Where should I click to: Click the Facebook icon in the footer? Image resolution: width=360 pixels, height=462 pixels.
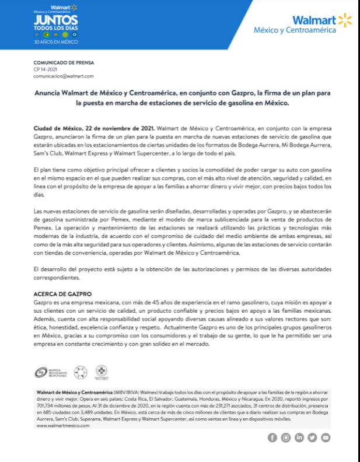point(272,437)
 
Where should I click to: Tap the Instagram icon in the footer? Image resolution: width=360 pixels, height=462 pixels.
point(286,437)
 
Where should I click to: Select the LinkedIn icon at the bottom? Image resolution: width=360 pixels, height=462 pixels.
point(299,437)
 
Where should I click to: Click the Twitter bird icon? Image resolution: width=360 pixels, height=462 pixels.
point(312,437)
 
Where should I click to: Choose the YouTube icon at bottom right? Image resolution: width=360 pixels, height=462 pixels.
point(326,437)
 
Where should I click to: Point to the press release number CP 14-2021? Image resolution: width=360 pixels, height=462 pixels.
point(46,69)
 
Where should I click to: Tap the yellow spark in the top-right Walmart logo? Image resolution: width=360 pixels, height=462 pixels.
point(345,21)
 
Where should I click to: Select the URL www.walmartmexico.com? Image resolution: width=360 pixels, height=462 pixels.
point(63,426)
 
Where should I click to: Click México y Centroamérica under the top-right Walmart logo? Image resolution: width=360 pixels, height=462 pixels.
point(295,30)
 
